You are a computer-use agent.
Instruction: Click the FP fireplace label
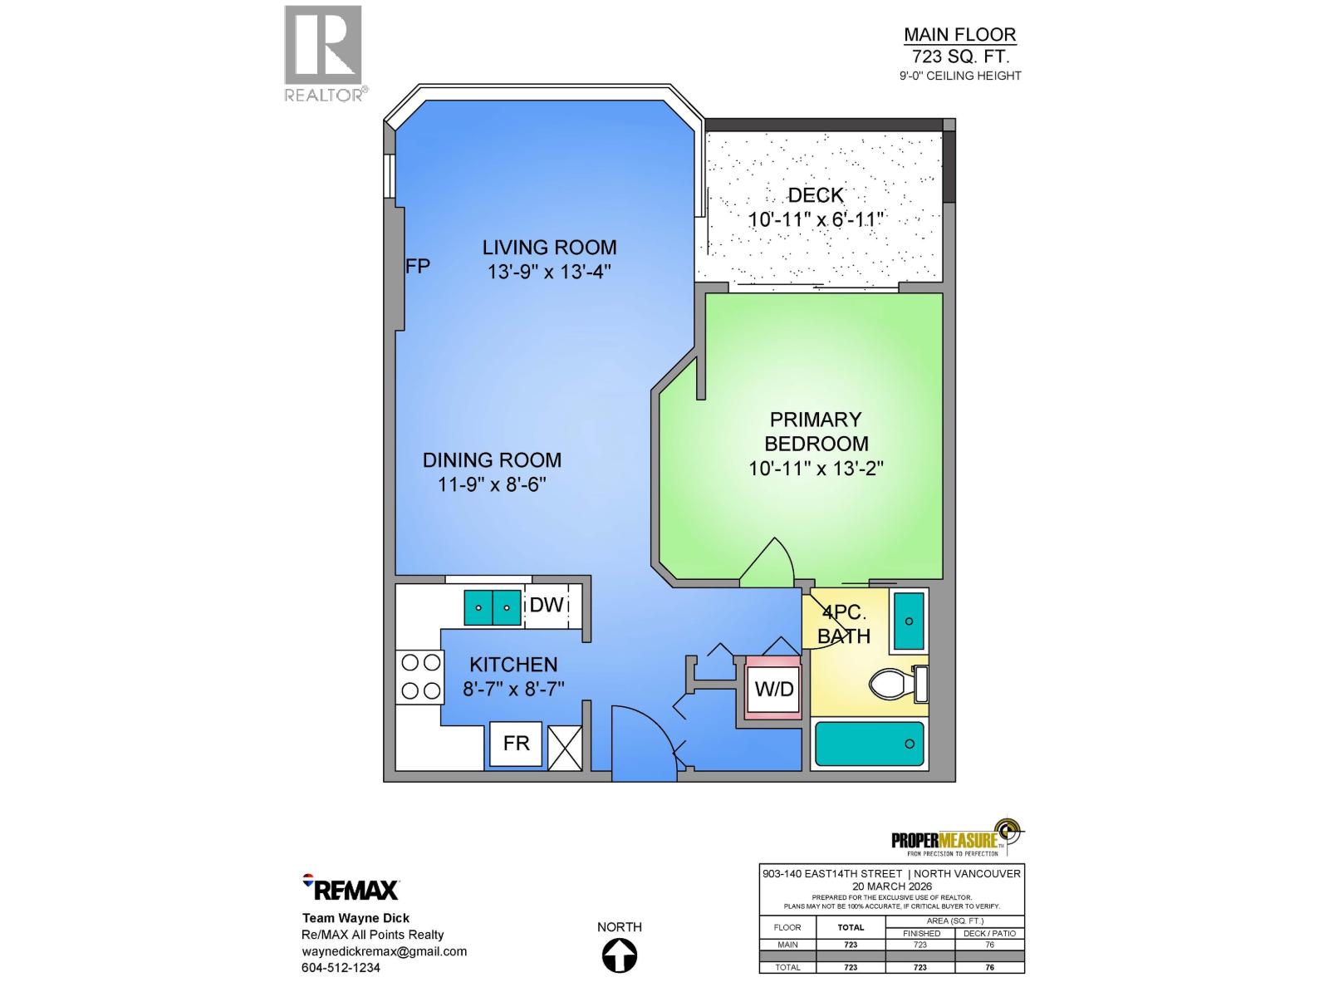418,267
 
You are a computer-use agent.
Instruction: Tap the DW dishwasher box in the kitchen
547,606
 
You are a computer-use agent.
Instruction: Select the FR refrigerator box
516,743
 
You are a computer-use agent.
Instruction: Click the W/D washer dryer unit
773,689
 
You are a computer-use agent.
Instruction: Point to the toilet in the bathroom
895,685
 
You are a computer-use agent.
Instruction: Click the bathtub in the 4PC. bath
869,744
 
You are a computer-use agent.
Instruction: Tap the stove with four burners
420,676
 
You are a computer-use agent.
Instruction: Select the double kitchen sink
492,607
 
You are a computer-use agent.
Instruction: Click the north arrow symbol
620,955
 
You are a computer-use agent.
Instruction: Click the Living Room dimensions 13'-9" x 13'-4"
549,272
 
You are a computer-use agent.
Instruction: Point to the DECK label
815,195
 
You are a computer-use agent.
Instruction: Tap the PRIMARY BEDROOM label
815,431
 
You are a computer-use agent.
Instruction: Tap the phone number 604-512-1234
341,968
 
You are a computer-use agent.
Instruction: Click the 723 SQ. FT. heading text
959,56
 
